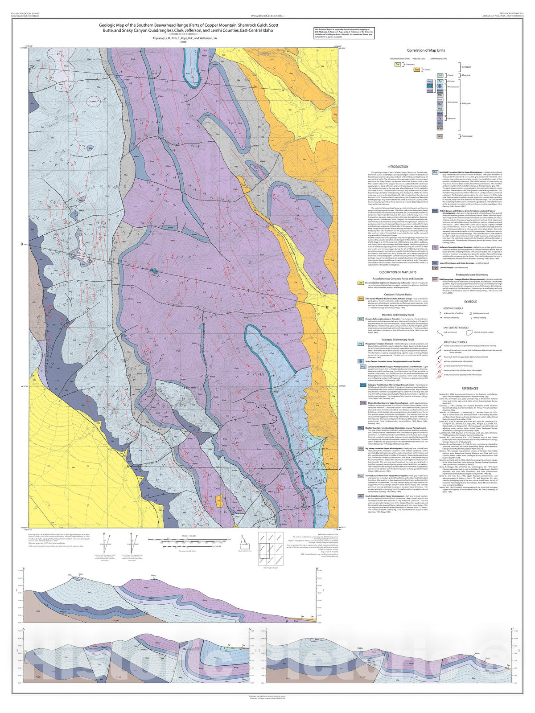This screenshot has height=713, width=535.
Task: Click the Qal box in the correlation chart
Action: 397,64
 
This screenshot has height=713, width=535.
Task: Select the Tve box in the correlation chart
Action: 417,70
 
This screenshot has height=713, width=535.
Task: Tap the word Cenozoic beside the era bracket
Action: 466,67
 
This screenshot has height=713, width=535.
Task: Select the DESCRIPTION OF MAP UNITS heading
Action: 397,272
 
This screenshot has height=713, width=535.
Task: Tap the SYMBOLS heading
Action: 469,301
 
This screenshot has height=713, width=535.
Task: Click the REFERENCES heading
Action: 469,388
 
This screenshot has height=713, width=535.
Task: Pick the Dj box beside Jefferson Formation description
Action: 435,246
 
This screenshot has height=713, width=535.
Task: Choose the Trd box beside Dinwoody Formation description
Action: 361,319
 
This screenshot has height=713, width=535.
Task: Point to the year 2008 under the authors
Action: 183,42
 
